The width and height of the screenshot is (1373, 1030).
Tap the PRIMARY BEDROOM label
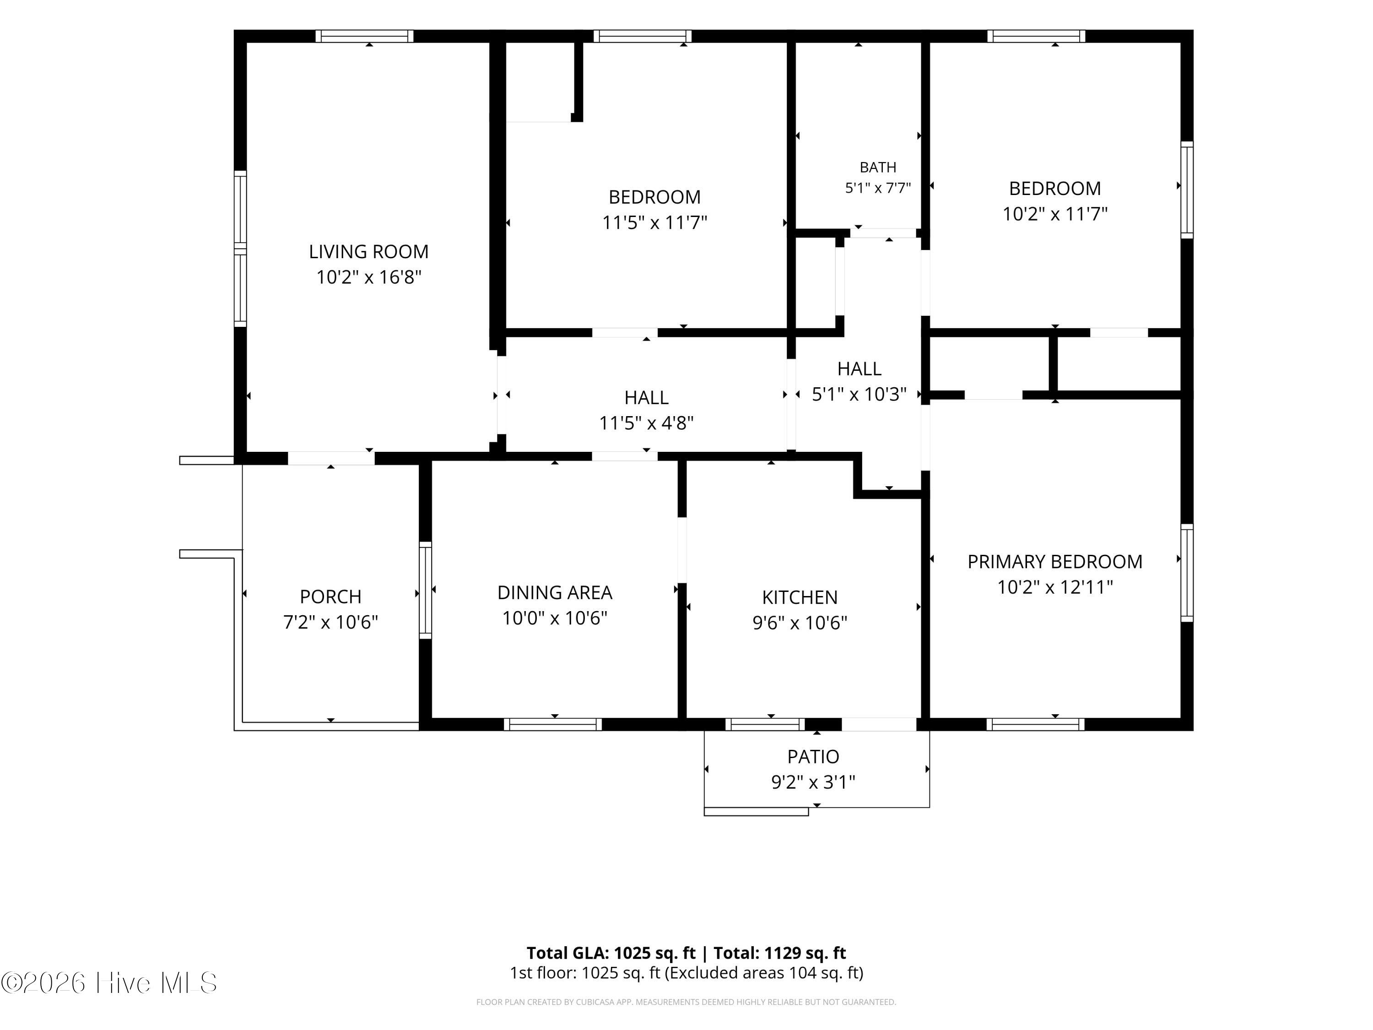click(1054, 561)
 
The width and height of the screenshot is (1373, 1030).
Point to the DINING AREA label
click(554, 592)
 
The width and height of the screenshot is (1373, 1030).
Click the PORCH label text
click(330, 596)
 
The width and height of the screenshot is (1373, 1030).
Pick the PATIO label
click(813, 756)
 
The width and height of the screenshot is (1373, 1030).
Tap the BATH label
click(878, 167)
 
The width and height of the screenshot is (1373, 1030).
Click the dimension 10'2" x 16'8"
click(369, 277)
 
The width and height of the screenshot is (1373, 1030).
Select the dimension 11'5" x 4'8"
click(646, 423)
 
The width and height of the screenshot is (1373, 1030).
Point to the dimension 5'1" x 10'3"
click(859, 394)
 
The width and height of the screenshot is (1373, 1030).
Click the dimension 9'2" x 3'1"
click(813, 782)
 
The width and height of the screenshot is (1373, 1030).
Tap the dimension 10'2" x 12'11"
click(1054, 587)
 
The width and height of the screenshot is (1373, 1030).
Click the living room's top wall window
click(364, 36)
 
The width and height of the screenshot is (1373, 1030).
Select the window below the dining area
click(552, 724)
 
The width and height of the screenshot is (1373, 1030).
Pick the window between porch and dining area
click(425, 590)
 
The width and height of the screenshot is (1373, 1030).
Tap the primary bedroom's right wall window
click(1187, 572)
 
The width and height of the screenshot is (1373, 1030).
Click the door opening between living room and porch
click(331, 458)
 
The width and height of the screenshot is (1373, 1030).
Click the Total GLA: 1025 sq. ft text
click(611, 952)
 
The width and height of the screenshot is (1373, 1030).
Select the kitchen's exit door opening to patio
click(879, 724)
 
